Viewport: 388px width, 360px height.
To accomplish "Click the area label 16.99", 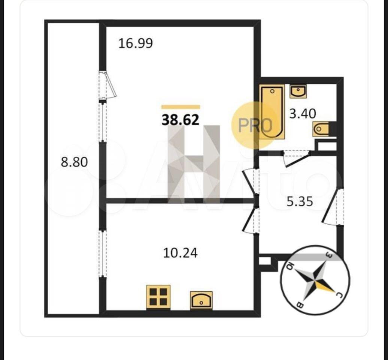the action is pyautogui.click(x=136, y=43).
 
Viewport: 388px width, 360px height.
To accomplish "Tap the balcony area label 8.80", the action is pyautogui.click(x=74, y=162).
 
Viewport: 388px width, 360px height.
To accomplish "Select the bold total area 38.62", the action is pyautogui.click(x=181, y=120).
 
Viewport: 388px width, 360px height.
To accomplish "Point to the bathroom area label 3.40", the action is pyautogui.click(x=303, y=114).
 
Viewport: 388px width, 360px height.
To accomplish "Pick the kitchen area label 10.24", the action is pyautogui.click(x=181, y=253).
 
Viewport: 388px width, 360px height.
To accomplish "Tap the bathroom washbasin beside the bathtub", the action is pyautogui.click(x=298, y=91).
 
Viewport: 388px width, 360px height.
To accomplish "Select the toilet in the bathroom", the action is pyautogui.click(x=321, y=129).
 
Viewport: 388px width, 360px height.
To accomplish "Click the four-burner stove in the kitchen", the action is pyautogui.click(x=158, y=297).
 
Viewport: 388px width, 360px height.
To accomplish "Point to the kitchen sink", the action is pyautogui.click(x=201, y=300).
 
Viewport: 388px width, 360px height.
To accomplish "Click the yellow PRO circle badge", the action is pyautogui.click(x=253, y=125).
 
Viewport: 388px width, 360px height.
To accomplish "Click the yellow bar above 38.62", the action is pyautogui.click(x=181, y=107).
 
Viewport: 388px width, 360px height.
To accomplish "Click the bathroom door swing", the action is pyautogui.click(x=296, y=159).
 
